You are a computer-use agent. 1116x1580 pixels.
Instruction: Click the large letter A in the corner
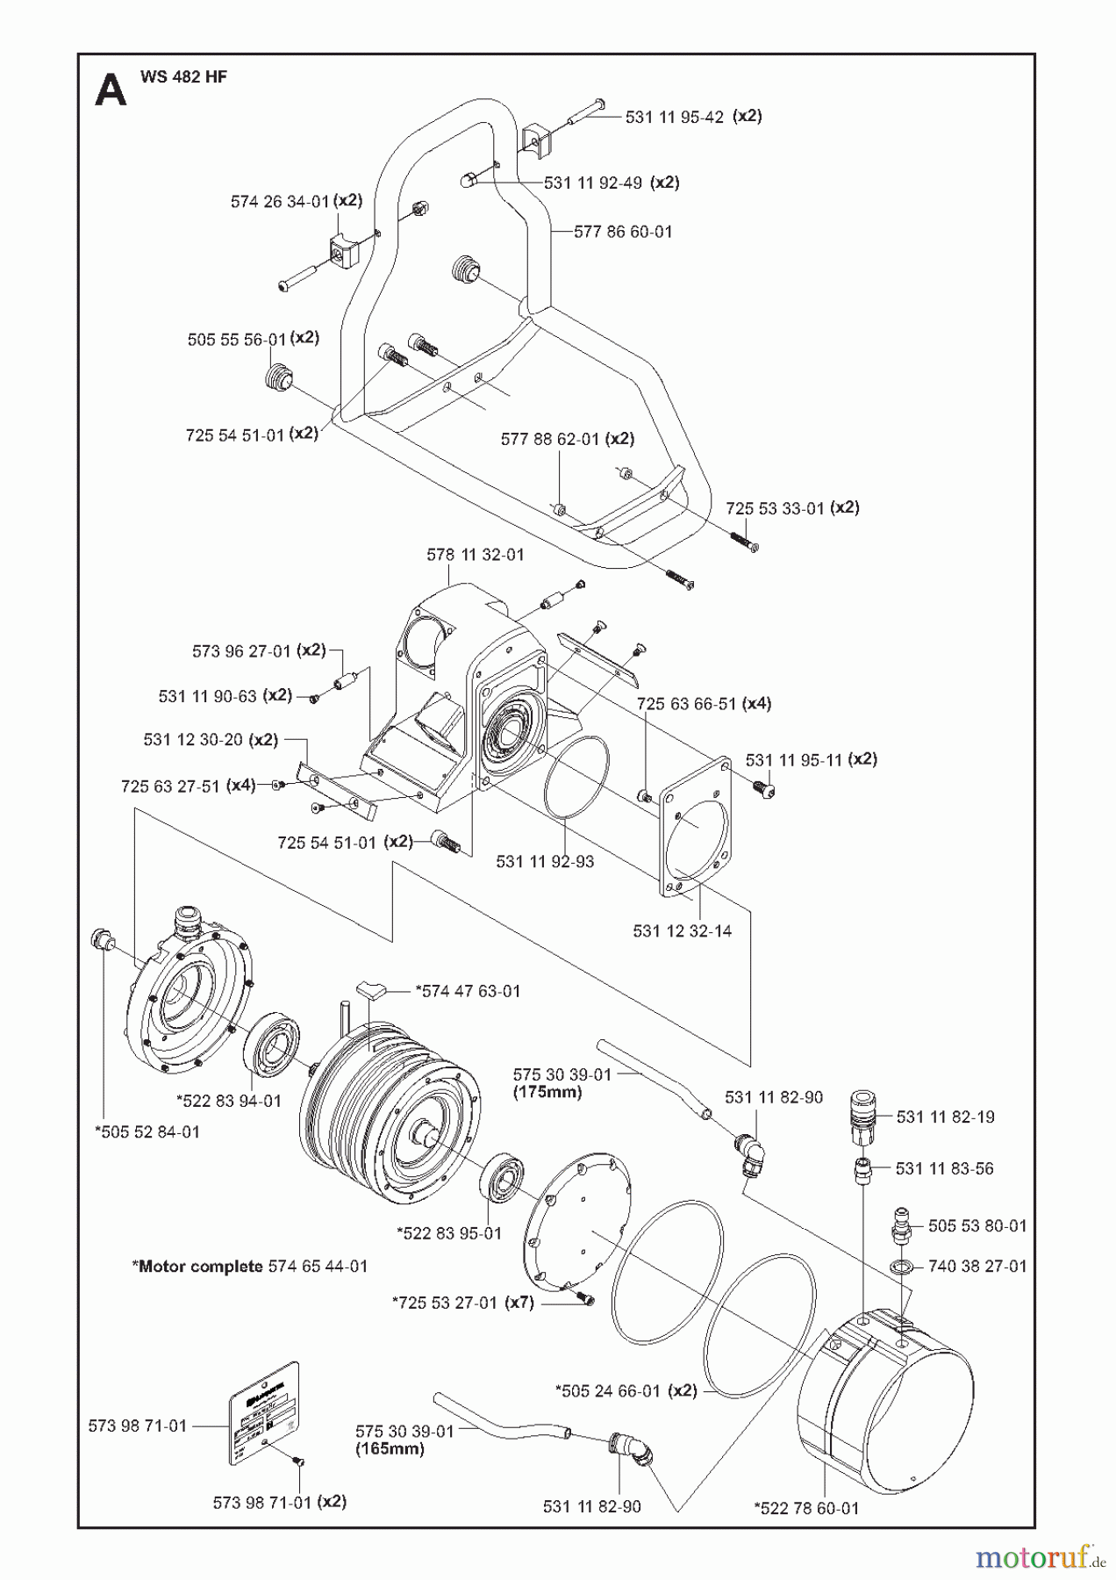[111, 90]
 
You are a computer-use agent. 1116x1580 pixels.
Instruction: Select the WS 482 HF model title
[183, 77]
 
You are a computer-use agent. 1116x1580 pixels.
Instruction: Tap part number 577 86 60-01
[623, 232]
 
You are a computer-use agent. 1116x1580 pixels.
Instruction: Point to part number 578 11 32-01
[475, 555]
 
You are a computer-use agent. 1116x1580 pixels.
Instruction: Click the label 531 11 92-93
[545, 861]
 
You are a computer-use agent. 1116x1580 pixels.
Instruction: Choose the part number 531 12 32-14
[682, 930]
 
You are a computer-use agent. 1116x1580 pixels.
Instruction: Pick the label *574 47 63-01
[468, 991]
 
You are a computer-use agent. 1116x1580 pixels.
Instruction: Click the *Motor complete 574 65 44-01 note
[250, 1267]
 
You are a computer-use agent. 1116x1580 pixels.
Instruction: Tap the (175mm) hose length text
[547, 1093]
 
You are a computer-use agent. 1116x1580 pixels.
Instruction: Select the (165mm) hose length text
[390, 1448]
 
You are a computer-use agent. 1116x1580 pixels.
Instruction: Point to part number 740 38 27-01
[976, 1266]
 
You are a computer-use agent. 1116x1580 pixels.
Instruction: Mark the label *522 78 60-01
[806, 1508]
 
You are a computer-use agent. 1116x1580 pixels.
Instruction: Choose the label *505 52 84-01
[147, 1132]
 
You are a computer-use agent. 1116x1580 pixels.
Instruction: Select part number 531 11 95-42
[674, 117]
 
